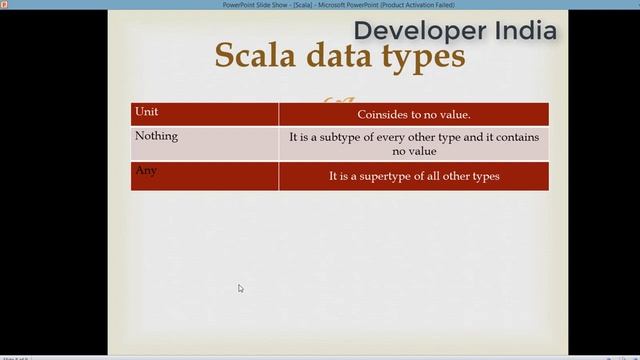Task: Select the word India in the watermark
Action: click(x=525, y=30)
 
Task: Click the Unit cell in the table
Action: click(x=146, y=112)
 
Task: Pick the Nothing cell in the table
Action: click(x=156, y=136)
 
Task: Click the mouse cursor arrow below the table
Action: click(x=240, y=288)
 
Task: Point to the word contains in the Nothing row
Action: click(x=519, y=137)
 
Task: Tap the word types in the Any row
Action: click(x=484, y=176)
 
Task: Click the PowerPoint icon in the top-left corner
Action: click(x=4, y=4)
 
